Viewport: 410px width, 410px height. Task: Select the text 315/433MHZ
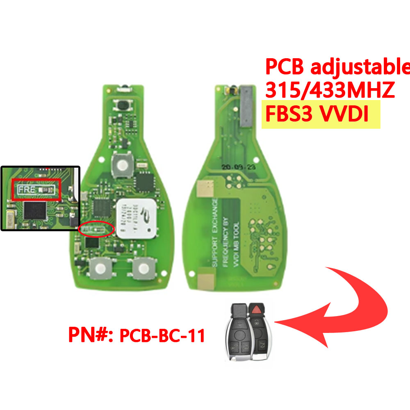click(330, 89)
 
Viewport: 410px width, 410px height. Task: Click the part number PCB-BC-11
click(162, 336)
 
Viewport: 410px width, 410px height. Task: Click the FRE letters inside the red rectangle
click(26, 189)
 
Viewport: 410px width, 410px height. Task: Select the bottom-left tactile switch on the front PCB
click(100, 269)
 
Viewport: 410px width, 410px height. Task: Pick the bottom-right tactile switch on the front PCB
click(143, 269)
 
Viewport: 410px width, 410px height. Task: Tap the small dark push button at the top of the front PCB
click(122, 106)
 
